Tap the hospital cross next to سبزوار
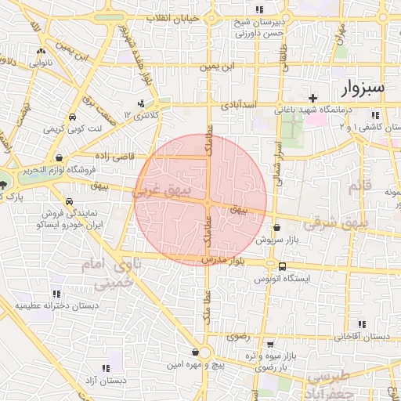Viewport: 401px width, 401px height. coord(314,99)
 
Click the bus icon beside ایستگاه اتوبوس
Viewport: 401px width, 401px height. coord(282,266)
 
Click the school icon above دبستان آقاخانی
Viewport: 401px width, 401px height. coord(362,324)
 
